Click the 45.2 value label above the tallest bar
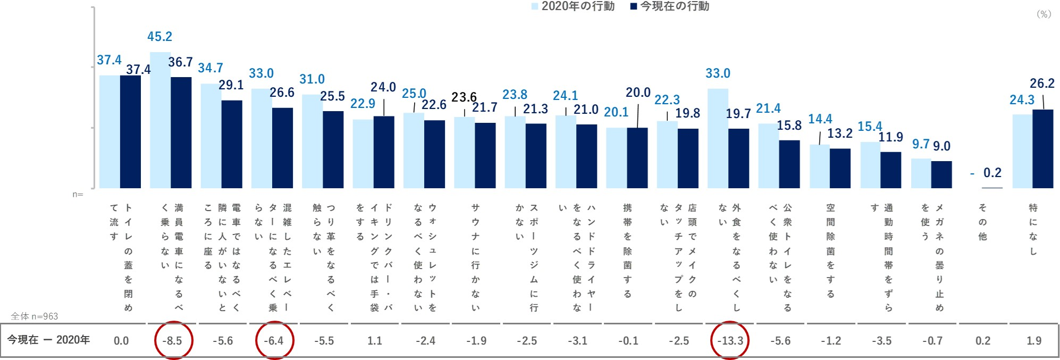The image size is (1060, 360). click(x=159, y=37)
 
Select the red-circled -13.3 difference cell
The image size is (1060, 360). click(x=730, y=340)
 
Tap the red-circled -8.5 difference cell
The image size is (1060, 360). click(x=173, y=340)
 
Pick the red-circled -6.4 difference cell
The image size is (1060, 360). click(x=274, y=340)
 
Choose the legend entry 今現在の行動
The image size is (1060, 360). click(x=670, y=6)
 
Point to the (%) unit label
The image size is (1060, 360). click(x=1044, y=14)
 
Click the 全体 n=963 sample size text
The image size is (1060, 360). click(x=35, y=316)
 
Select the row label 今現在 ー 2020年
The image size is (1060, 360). click(x=48, y=340)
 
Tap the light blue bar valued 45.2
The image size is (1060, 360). click(x=160, y=120)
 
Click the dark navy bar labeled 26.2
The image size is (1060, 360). click(x=1042, y=149)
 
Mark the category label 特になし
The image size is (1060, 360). click(x=1033, y=229)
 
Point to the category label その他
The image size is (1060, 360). click(x=982, y=222)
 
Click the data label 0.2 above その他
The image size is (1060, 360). click(x=992, y=173)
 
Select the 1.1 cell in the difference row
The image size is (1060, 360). click(x=375, y=340)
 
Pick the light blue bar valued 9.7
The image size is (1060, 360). click(x=921, y=173)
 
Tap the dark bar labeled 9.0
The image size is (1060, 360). click(x=941, y=174)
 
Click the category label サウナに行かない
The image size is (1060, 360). click(x=475, y=257)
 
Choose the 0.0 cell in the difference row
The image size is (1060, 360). click(x=121, y=340)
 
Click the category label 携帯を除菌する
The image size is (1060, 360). click(x=627, y=250)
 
